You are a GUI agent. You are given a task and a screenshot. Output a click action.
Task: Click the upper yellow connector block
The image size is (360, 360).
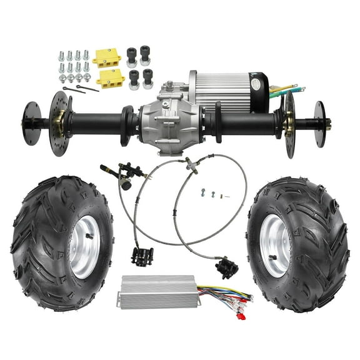pos(107,57)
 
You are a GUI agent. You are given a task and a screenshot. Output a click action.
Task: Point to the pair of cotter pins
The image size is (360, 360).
pos(81,89)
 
